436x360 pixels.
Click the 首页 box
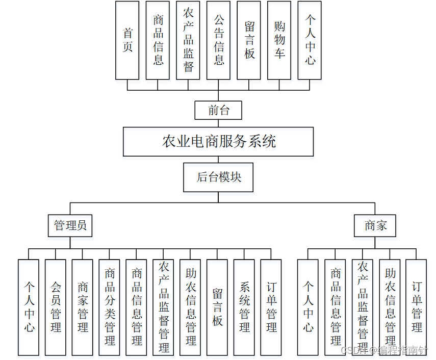127,40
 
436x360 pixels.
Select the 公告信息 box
218,40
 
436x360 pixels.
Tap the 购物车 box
279,40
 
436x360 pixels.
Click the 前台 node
218,110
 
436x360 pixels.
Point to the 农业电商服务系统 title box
218,141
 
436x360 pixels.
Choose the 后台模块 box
218,177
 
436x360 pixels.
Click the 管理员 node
70,225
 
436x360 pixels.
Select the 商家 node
375,225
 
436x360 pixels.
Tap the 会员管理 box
56,307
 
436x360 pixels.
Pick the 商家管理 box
83,307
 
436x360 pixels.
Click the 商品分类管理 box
110,307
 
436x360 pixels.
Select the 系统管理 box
244,307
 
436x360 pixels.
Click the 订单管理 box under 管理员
271,307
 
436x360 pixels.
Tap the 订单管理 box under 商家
417,307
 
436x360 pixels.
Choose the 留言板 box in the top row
249,40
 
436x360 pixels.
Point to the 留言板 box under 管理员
217,307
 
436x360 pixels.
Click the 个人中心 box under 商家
308,307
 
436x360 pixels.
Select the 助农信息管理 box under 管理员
190,307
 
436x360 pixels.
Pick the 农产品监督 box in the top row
188,40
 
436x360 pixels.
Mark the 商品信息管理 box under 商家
335,307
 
